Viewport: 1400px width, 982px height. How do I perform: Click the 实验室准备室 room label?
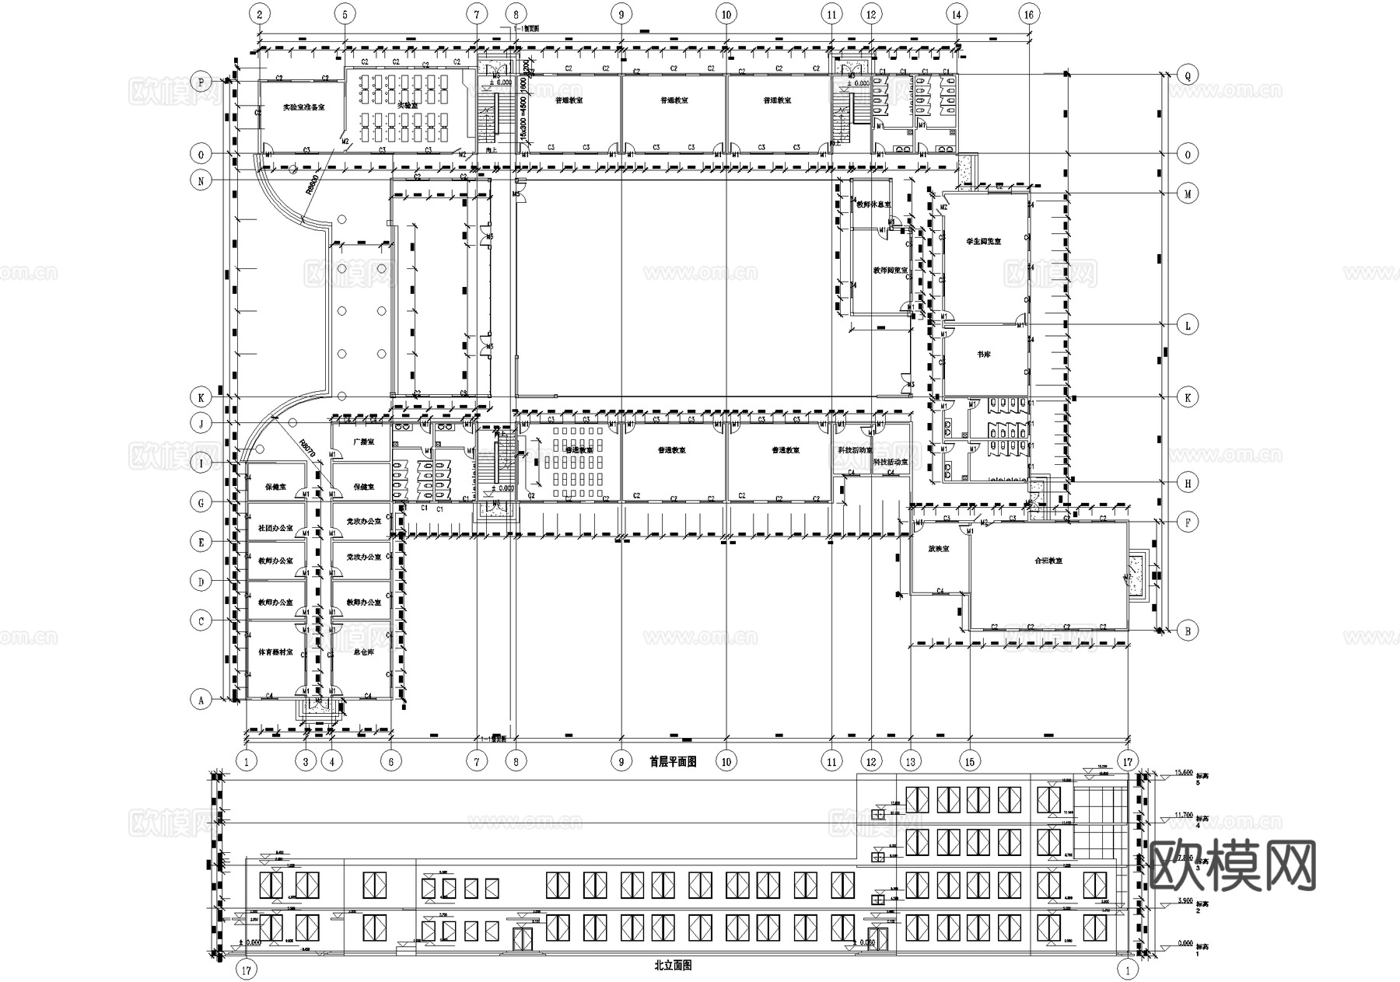coord(303,108)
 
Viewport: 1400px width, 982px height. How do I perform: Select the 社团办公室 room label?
coord(275,528)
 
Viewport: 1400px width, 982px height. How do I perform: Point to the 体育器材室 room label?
coord(275,652)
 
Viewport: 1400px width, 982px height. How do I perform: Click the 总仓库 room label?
coord(363,652)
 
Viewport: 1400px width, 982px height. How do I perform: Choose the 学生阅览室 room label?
coord(983,242)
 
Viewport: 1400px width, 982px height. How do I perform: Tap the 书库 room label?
coord(983,355)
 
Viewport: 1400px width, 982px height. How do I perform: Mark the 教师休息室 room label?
coord(873,205)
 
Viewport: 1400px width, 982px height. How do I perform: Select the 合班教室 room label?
coord(1048,561)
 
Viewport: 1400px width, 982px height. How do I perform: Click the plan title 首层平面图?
coord(673,762)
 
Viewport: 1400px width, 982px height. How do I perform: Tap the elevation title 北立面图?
coord(673,966)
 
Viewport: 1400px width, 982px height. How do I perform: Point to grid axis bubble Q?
coord(1188,75)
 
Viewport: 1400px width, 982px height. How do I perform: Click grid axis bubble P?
coord(201,82)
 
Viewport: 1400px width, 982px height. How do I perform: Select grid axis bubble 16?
coord(1029,14)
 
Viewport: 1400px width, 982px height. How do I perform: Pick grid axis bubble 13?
coord(910,761)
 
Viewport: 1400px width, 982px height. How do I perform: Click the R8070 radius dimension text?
coord(308,449)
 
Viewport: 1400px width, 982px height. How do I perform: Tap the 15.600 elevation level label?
coord(1184,772)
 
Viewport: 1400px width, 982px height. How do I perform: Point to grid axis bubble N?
coord(201,181)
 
